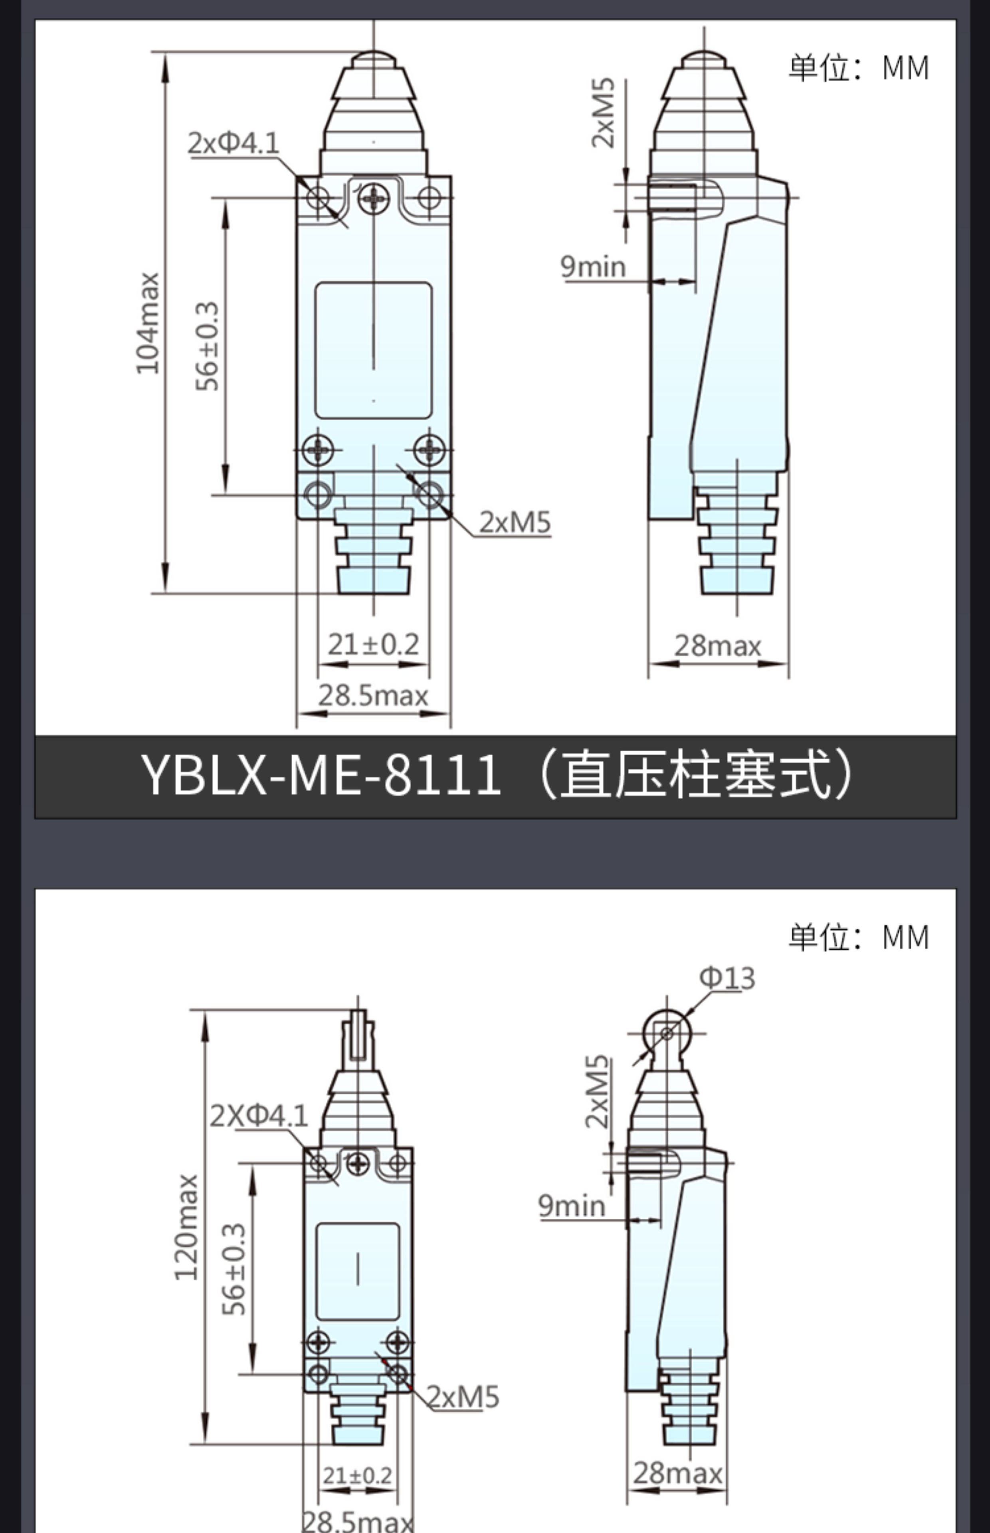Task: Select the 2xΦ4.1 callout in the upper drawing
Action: [x=234, y=143]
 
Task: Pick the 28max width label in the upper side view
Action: [x=717, y=646]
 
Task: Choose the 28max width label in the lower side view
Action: [x=677, y=1473]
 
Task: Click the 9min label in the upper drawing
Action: [x=593, y=266]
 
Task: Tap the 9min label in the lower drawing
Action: [x=572, y=1205]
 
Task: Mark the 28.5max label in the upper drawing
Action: [x=373, y=695]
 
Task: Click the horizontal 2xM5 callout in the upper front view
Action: [x=515, y=522]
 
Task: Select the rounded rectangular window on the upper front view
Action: [x=374, y=350]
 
